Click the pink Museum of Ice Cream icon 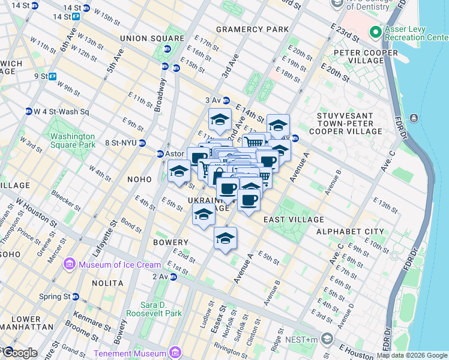(x=70, y=264)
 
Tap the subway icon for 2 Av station (x=173, y=277)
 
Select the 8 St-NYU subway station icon (x=142, y=143)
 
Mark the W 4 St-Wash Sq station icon (x=28, y=112)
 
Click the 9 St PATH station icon (x=53, y=76)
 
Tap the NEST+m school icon (x=327, y=340)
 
